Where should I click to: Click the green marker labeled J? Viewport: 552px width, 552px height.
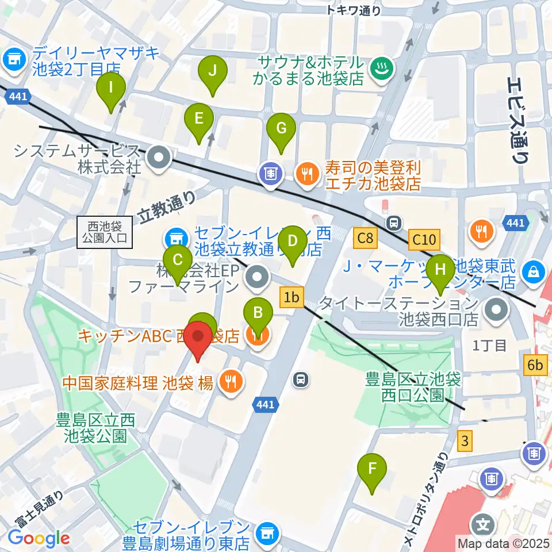212,71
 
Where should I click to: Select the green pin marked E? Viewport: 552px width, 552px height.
198,119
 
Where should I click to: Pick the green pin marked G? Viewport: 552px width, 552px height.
281,128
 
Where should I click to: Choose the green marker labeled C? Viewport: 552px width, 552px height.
178,259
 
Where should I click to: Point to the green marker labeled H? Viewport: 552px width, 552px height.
440,269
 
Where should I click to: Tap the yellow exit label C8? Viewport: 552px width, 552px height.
366,237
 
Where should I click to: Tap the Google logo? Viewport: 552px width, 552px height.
39,538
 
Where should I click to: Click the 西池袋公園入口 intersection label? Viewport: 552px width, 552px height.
106,232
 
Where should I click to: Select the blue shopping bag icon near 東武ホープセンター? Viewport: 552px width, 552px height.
534,270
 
